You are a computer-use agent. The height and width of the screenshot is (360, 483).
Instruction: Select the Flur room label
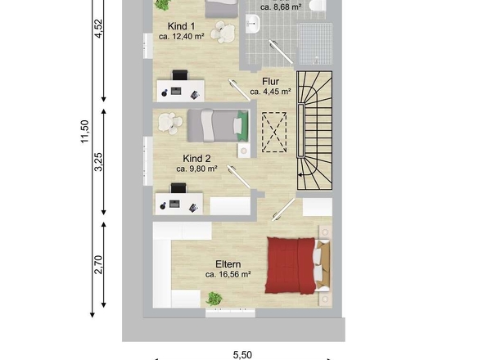271,81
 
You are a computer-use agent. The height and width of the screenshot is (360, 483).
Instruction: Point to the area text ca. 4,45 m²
271,92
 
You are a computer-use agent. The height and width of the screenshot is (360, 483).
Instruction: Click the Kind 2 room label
196,158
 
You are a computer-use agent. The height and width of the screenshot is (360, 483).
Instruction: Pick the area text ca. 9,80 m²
196,169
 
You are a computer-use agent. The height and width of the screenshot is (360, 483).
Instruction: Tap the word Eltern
228,263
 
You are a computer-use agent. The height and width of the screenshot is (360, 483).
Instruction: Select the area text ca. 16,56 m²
228,275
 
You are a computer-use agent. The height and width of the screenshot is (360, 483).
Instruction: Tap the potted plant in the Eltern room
214,299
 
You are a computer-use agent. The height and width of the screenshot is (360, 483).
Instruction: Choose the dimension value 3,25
99,161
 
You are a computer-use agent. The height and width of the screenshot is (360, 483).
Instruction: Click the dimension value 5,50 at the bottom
242,354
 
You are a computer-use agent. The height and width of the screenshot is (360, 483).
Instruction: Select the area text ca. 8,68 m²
281,7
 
